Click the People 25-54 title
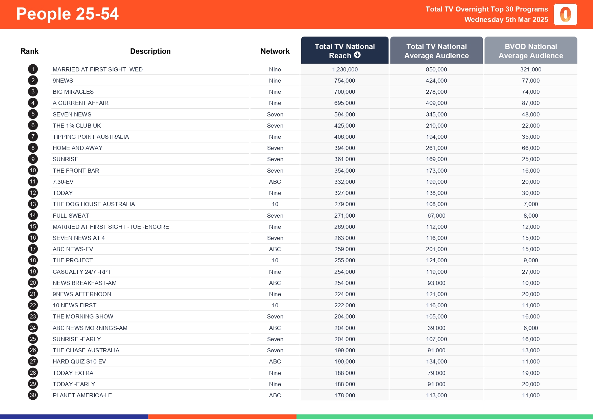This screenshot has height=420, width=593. click(67, 14)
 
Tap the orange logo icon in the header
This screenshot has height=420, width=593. click(565, 15)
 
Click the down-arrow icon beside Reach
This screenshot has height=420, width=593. click(357, 55)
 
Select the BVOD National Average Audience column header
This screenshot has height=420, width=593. click(530, 51)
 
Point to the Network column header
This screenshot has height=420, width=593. click(275, 51)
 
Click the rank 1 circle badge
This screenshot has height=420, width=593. click(33, 69)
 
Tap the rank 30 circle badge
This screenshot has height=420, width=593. click(33, 395)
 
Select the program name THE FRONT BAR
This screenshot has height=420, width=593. click(76, 171)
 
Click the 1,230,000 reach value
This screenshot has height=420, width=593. click(345, 69)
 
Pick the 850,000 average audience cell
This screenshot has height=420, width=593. click(436, 69)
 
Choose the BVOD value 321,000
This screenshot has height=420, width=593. click(530, 69)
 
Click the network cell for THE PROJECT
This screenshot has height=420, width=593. click(275, 260)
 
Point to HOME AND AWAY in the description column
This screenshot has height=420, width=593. click(77, 148)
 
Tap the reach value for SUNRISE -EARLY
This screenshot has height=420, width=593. click(345, 339)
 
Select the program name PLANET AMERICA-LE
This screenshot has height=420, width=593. click(82, 395)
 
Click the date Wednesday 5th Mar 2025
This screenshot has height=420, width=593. click(506, 20)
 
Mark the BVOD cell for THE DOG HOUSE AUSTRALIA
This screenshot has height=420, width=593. click(530, 204)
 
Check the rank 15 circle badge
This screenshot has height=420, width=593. click(33, 227)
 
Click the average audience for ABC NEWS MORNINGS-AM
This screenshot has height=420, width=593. click(436, 328)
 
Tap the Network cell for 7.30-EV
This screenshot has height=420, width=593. click(275, 182)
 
